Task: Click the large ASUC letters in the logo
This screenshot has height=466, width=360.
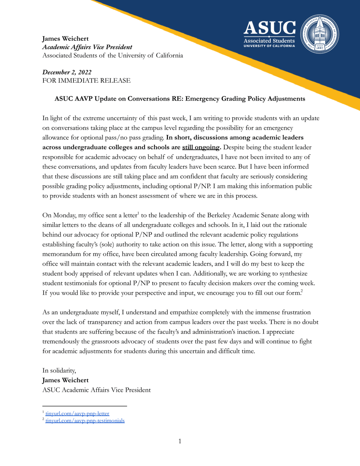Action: pos(270,28)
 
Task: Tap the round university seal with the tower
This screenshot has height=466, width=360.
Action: pos(320,34)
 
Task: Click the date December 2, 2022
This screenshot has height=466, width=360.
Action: pos(67,72)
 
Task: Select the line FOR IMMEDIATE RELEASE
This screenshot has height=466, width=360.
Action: pos(86,81)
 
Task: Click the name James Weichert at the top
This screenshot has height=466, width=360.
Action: pos(65,38)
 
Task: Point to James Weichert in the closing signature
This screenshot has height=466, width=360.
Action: pos(65,380)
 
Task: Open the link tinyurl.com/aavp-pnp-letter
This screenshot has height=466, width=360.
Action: pos(75,414)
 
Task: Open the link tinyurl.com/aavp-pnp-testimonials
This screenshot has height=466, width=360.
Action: pos(85,421)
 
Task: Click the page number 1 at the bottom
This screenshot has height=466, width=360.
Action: pos(180,441)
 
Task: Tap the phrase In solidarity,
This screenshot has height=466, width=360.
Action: pos(59,371)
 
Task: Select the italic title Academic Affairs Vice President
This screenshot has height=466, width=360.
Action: pos(87,47)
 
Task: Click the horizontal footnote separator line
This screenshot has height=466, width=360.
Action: pos(85,406)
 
